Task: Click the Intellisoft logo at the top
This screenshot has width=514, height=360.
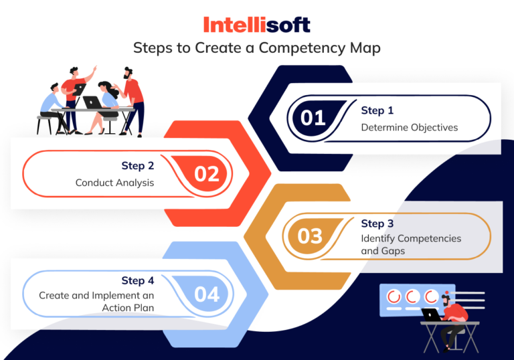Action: [257, 25]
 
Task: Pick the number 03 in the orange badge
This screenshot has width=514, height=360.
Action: [310, 236]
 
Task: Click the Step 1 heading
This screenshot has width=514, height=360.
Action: [377, 110]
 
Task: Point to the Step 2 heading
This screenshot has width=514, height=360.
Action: [138, 165]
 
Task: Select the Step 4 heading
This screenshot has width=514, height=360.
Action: [138, 280]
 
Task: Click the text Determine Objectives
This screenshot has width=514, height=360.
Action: [409, 127]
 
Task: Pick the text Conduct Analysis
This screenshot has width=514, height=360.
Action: [114, 182]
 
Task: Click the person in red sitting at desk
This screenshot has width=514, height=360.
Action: [453, 320]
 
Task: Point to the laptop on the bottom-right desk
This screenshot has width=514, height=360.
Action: [431, 314]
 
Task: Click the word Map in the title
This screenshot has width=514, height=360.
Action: [367, 48]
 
